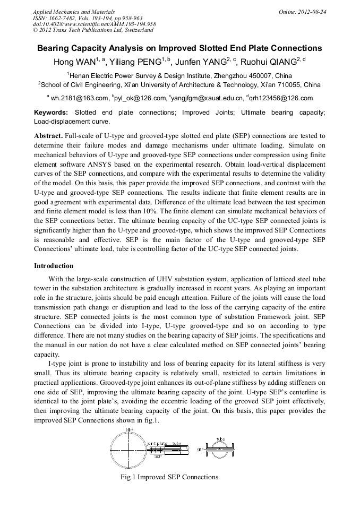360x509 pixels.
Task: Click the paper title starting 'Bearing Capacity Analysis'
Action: coord(179,48)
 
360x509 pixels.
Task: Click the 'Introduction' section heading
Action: coord(54,265)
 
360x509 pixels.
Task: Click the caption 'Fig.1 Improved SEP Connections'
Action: coord(169,477)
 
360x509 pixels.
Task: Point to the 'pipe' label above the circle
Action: coord(129,429)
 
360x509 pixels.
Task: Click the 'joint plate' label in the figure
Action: coord(157,443)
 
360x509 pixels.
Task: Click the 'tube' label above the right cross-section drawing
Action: coord(220,439)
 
